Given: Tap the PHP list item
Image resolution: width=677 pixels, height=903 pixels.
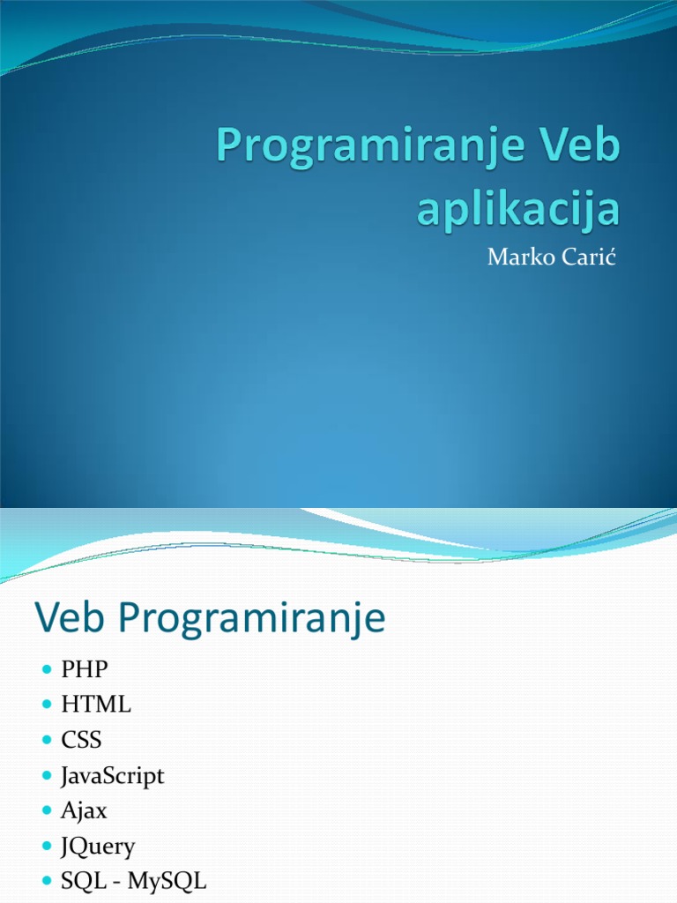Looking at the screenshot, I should point(85,669).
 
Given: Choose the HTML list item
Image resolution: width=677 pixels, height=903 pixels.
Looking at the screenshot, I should point(96,705).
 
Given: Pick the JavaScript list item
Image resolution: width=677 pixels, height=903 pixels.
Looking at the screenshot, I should point(113,776).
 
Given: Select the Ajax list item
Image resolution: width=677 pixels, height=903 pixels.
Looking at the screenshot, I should point(84,811).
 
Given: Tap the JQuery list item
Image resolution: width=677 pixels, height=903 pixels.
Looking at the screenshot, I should point(98,847).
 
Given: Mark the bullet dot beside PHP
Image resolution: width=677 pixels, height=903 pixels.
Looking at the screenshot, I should point(47,670).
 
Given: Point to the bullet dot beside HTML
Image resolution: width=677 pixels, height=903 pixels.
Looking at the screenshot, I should point(47,705).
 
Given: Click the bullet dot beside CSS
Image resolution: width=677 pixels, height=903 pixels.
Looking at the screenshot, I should point(47,741).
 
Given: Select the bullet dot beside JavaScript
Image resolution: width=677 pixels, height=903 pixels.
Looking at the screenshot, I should point(47,776).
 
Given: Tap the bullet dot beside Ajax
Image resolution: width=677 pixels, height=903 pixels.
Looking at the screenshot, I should point(47,811).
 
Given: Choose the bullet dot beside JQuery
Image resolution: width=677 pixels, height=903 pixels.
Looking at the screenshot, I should point(47,847).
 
